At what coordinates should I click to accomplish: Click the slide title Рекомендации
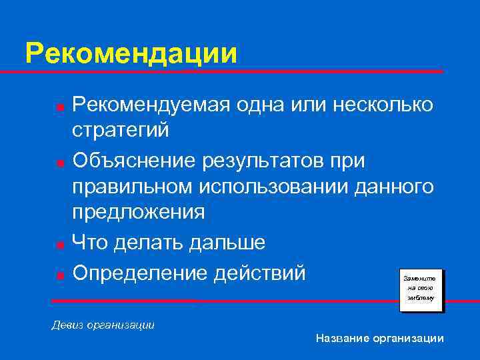(131, 53)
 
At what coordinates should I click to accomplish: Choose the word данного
(395, 187)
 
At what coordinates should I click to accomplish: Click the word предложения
(139, 212)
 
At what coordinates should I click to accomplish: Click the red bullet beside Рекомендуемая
(60, 106)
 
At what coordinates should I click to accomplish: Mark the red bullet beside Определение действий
(60, 274)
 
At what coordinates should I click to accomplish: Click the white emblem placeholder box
(421, 288)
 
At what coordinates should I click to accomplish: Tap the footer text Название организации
(380, 339)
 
